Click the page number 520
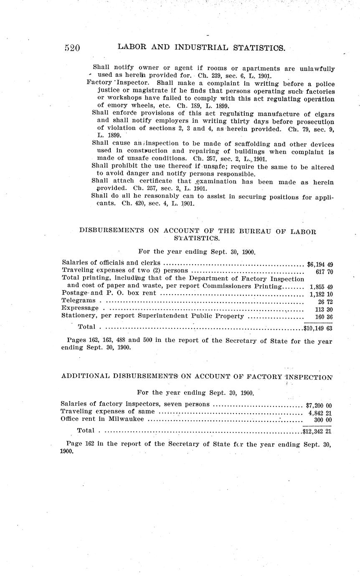[x=72, y=48]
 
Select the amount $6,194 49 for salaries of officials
[x=319, y=264]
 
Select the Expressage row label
[x=80, y=308]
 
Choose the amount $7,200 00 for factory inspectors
[x=319, y=405]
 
